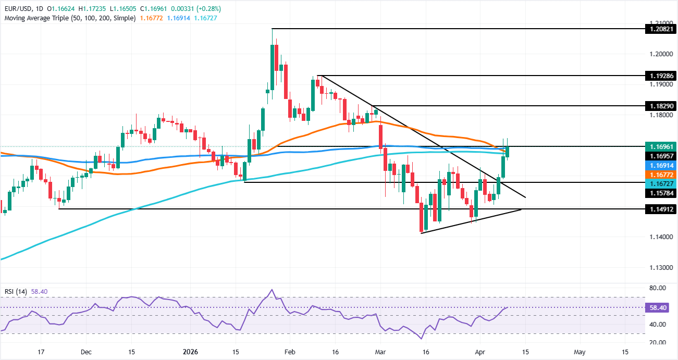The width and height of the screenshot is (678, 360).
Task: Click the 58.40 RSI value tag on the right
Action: pyautogui.click(x=658, y=307)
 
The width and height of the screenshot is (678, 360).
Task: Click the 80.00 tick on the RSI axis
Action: pyautogui.click(x=658, y=288)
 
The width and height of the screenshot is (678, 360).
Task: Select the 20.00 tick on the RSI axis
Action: pyautogui.click(x=658, y=342)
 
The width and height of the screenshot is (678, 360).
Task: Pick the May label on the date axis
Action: pyautogui.click(x=580, y=352)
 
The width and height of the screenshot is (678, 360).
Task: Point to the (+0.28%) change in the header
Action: pyautogui.click(x=207, y=9)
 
